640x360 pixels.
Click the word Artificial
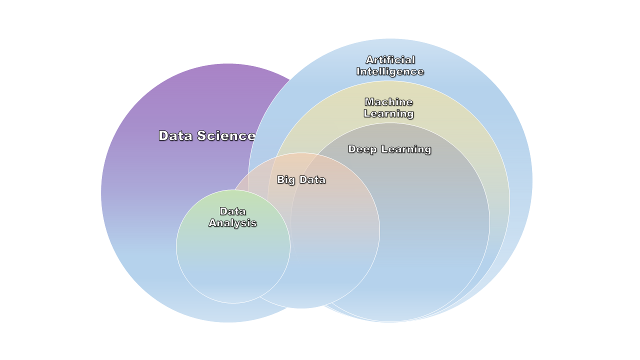tap(390, 60)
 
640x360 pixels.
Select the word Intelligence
tap(390, 71)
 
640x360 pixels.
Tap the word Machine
tap(388, 102)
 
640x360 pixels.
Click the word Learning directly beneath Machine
tap(388, 114)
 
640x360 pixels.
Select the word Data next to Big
tap(312, 180)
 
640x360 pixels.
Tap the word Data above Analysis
tap(232, 211)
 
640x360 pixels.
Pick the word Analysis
tap(232, 223)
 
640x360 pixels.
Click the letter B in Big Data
tap(280, 180)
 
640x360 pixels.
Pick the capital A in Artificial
tap(369, 60)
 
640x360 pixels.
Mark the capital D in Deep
tap(352, 149)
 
